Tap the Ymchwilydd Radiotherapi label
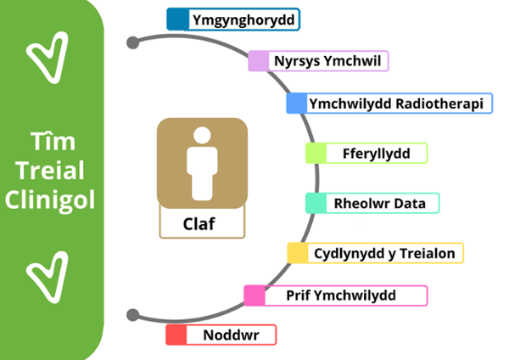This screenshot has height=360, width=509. [x=396, y=104]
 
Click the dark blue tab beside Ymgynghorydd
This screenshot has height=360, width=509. [x=178, y=19]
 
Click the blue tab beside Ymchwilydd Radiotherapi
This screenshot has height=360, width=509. [x=296, y=104]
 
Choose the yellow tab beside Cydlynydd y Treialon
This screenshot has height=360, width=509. [x=298, y=253]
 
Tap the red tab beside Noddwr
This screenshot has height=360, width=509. [x=176, y=335]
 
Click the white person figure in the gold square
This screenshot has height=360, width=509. [x=202, y=161]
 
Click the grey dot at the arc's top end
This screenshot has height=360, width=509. [x=132, y=42]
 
